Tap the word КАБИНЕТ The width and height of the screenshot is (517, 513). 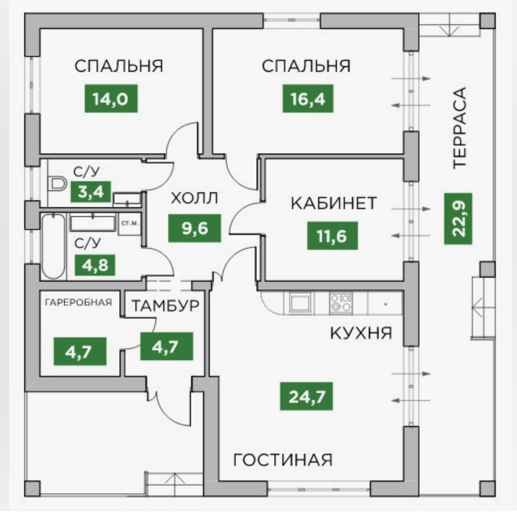point(334,203)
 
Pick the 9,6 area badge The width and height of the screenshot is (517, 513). point(194,229)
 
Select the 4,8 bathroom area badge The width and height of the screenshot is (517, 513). point(95,266)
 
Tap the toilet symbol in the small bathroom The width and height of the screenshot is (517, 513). point(56,181)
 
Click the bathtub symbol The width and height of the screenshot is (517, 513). point(53,246)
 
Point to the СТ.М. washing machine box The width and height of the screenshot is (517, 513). point(129,223)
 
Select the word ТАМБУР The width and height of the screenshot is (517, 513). point(165,306)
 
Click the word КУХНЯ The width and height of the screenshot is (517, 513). point(361,333)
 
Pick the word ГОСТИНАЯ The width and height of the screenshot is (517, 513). point(283,459)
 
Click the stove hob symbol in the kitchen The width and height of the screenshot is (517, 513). point(342,304)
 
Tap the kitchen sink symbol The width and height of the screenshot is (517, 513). point(299,303)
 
